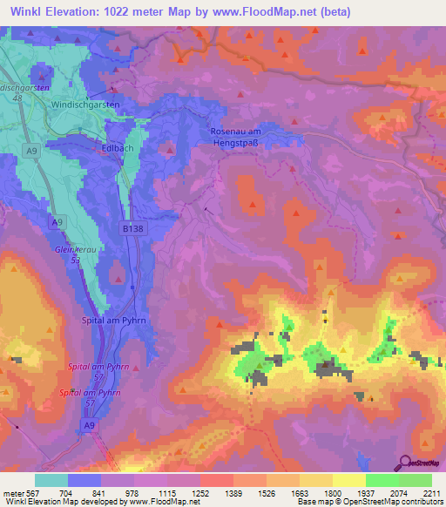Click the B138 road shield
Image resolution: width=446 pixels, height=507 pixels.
pos(131,228)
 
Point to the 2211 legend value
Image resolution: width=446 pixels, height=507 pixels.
pos(431,493)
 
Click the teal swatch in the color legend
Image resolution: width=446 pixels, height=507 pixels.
pos(51,480)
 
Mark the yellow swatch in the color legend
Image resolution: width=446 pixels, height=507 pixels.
pos(349,480)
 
